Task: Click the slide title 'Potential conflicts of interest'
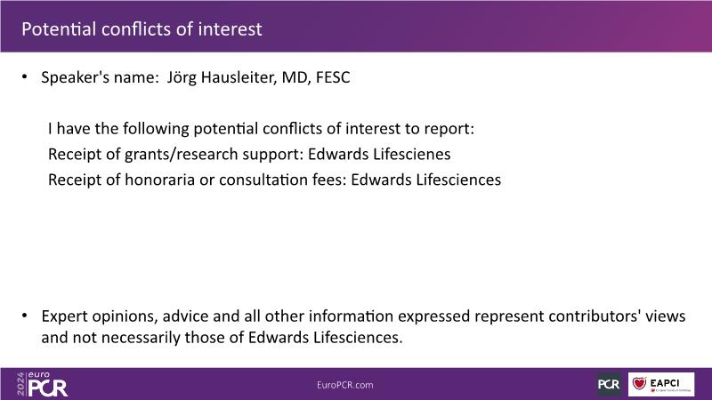tap(142, 29)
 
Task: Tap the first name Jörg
tap(182, 78)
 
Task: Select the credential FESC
tap(333, 77)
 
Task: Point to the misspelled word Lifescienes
tap(412, 154)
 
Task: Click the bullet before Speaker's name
tap(25, 77)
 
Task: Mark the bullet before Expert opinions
tap(25, 316)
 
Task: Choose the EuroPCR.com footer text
tap(345, 385)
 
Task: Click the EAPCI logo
tap(661, 384)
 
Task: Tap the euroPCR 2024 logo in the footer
tap(42, 384)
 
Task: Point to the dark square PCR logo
tap(609, 384)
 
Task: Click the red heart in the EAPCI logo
tap(639, 383)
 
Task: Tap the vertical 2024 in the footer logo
tap(20, 384)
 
